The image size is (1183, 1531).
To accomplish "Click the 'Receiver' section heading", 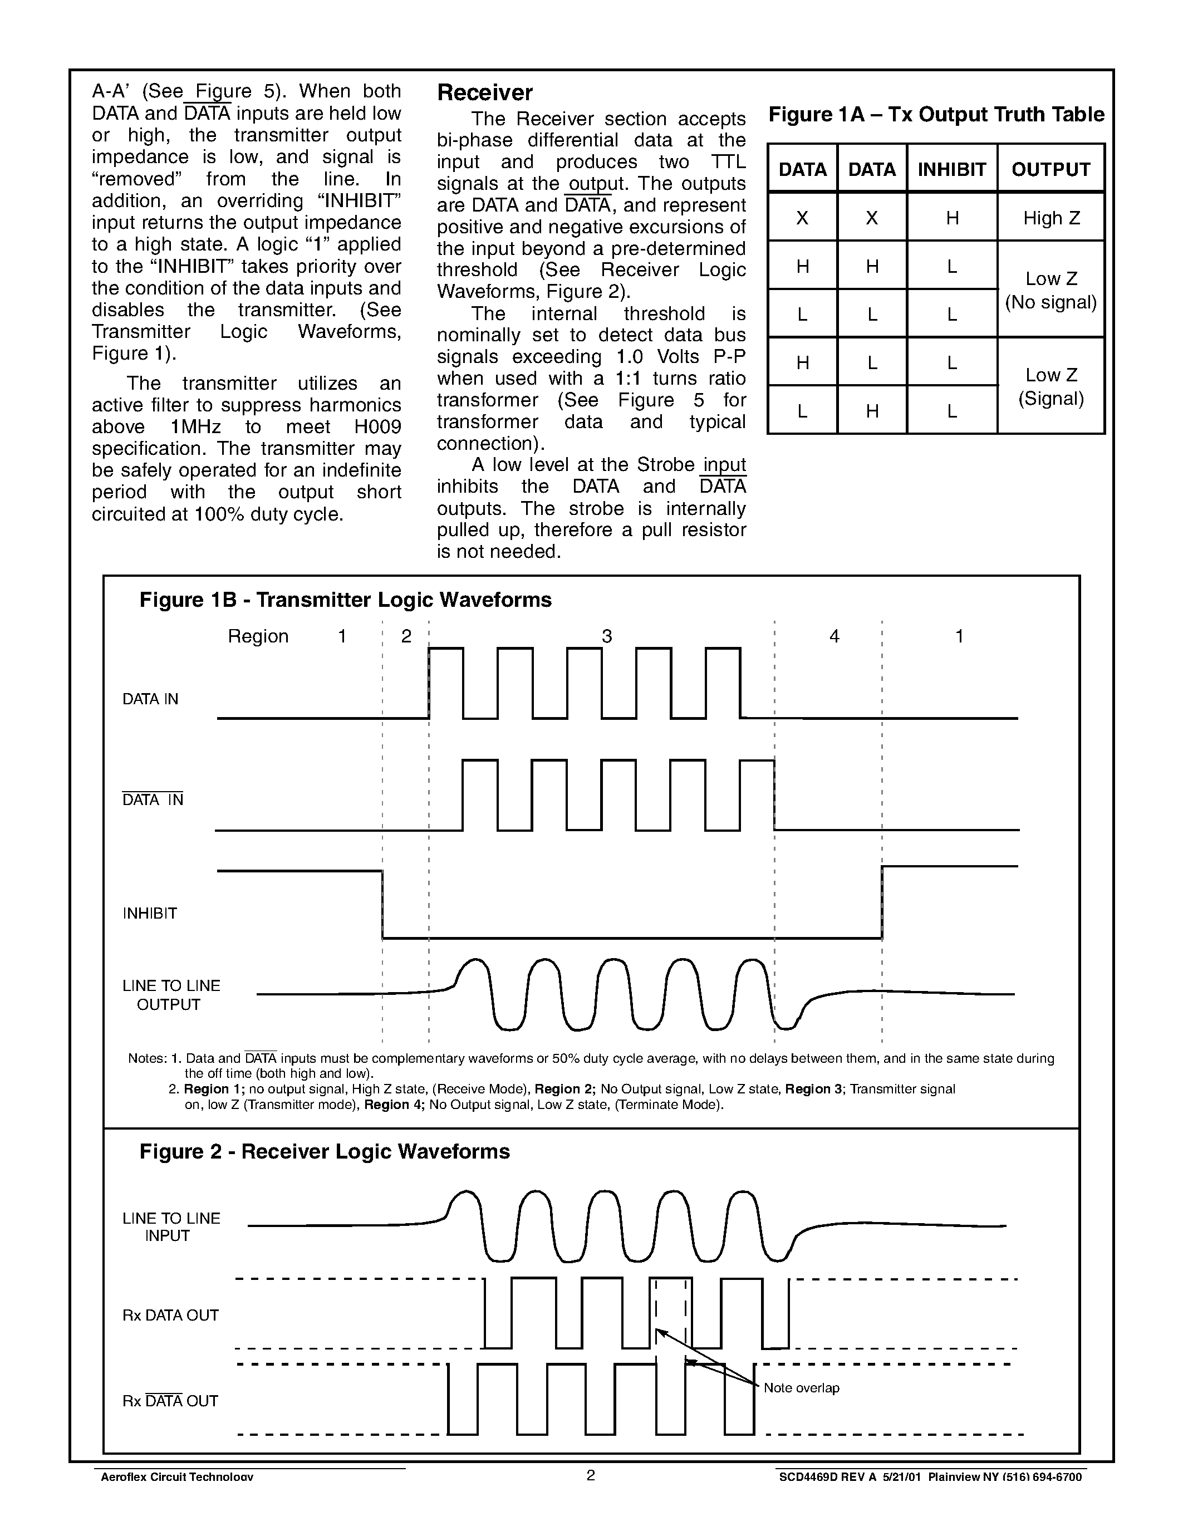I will (x=484, y=92).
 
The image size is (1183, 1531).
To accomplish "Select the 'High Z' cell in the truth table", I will (x=1051, y=218).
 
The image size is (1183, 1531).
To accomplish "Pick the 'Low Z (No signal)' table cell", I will (x=1051, y=290).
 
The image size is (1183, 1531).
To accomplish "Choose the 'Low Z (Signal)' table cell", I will (x=1051, y=386).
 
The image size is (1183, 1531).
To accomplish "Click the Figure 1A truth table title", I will (x=936, y=114).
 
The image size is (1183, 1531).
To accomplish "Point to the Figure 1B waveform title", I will (x=346, y=600).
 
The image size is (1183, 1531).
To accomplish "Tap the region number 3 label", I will (x=606, y=636).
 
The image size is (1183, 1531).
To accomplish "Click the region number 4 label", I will (x=834, y=636).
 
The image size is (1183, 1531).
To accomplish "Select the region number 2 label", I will (x=406, y=636).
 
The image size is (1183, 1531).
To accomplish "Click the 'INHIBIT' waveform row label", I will (x=150, y=914).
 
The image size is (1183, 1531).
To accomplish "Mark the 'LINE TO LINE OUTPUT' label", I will (x=171, y=995).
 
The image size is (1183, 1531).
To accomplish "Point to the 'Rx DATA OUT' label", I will (x=170, y=1316).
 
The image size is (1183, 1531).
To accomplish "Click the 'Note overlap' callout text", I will (x=801, y=1388).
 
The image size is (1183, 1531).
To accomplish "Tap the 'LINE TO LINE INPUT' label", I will (x=171, y=1227).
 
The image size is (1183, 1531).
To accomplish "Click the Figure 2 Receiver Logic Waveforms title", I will (x=325, y=1152).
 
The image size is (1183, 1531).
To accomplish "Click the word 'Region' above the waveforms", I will (x=258, y=636).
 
